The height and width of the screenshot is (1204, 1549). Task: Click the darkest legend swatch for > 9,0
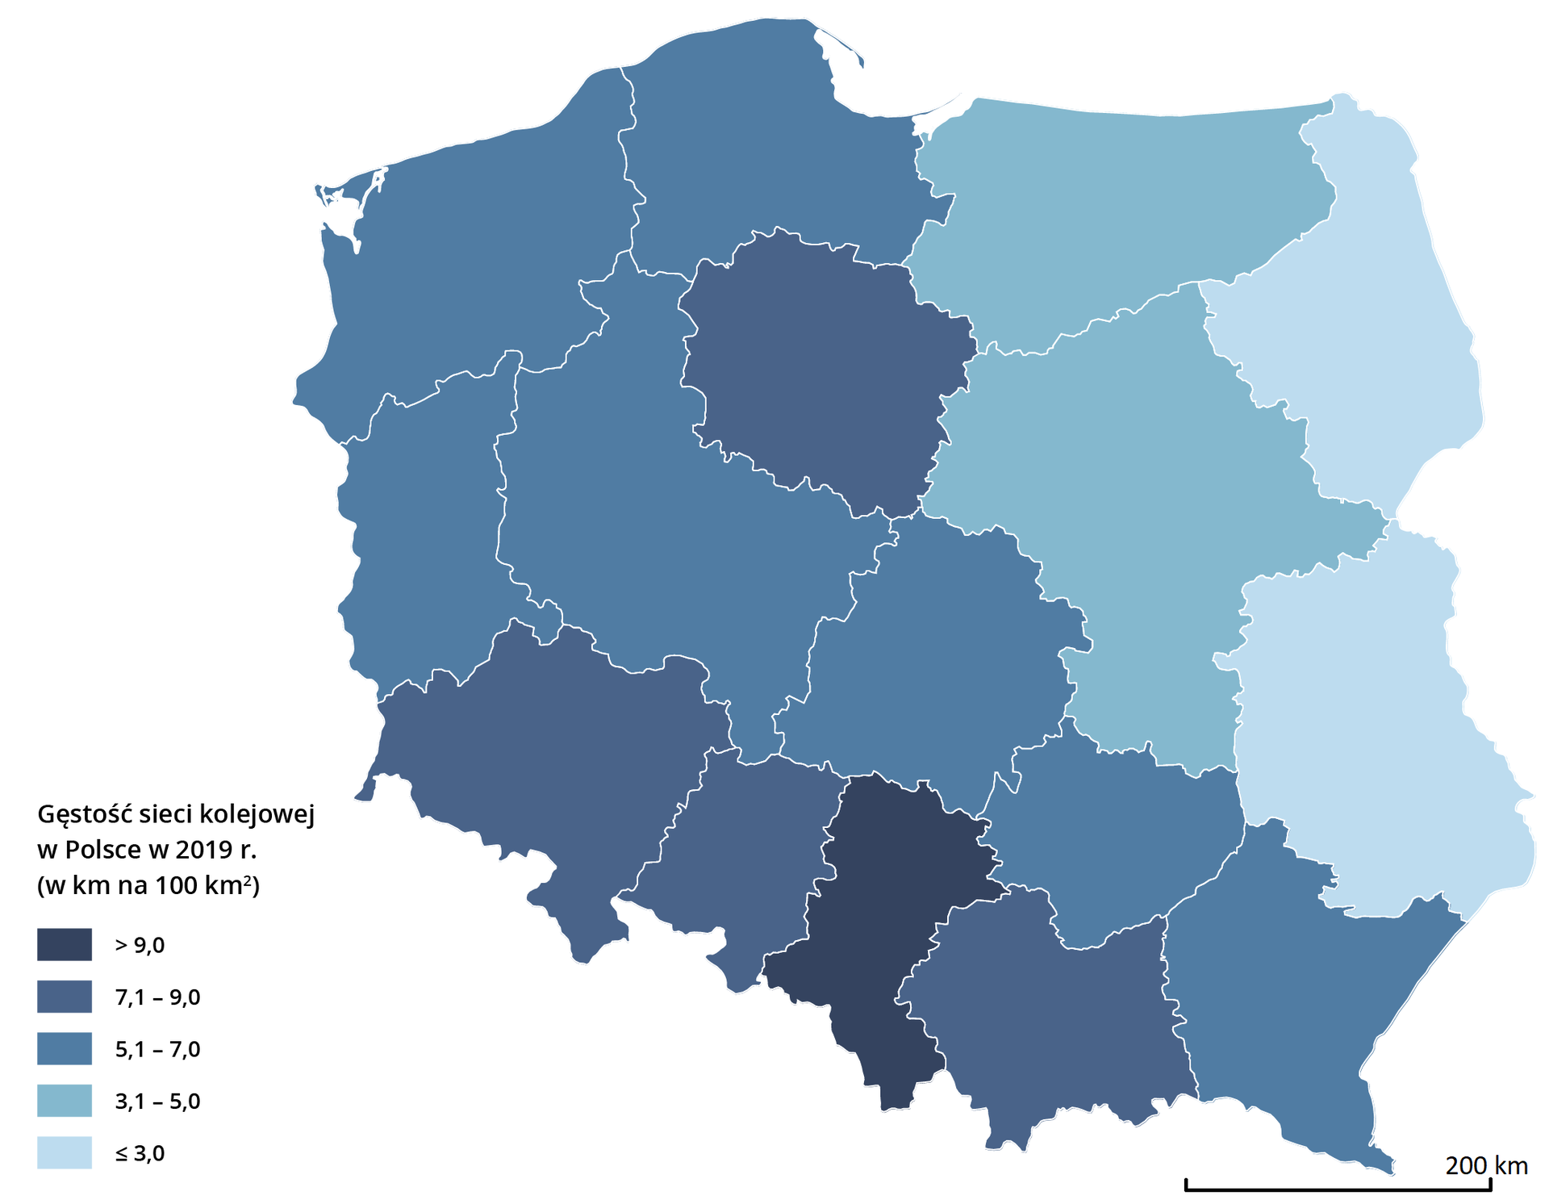[x=65, y=944]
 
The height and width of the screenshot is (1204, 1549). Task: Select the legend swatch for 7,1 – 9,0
[x=65, y=997]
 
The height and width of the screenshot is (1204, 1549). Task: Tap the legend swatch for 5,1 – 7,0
[x=65, y=1049]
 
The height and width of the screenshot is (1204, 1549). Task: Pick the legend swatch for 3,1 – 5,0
[x=65, y=1101]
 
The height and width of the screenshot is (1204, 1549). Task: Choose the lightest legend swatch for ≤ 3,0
[x=65, y=1152]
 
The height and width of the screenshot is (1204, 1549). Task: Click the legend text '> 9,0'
[x=140, y=945]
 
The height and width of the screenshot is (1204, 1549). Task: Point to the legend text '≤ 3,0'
[x=140, y=1153]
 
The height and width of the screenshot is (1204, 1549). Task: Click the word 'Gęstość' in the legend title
[x=85, y=815]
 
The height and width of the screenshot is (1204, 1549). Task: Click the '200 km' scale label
[x=1486, y=1165]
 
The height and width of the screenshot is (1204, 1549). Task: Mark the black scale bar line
[x=1338, y=1189]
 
